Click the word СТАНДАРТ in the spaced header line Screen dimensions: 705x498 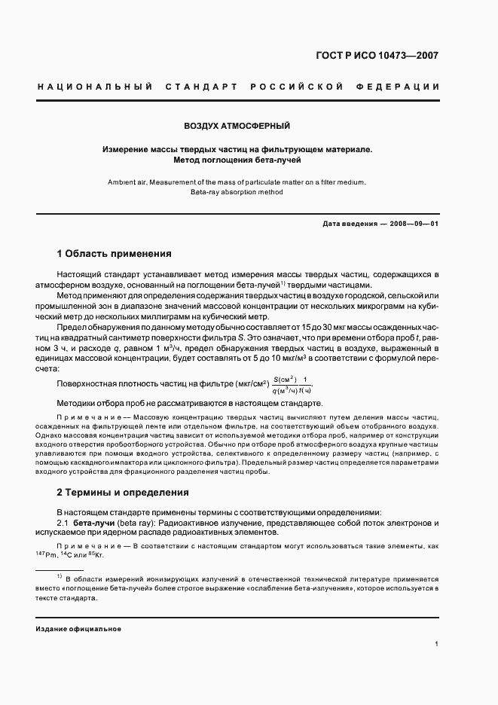[x=194, y=87]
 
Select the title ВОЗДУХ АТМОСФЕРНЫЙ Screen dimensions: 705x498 [x=237, y=125]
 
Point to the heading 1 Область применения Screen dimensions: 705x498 [x=115, y=254]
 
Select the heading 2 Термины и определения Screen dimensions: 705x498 [x=123, y=493]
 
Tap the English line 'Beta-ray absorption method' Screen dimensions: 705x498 [x=237, y=192]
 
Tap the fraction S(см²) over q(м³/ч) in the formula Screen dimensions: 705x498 [x=286, y=384]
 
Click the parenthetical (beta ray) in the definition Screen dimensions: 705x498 [x=138, y=522]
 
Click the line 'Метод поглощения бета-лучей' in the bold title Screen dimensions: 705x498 [x=237, y=160]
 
